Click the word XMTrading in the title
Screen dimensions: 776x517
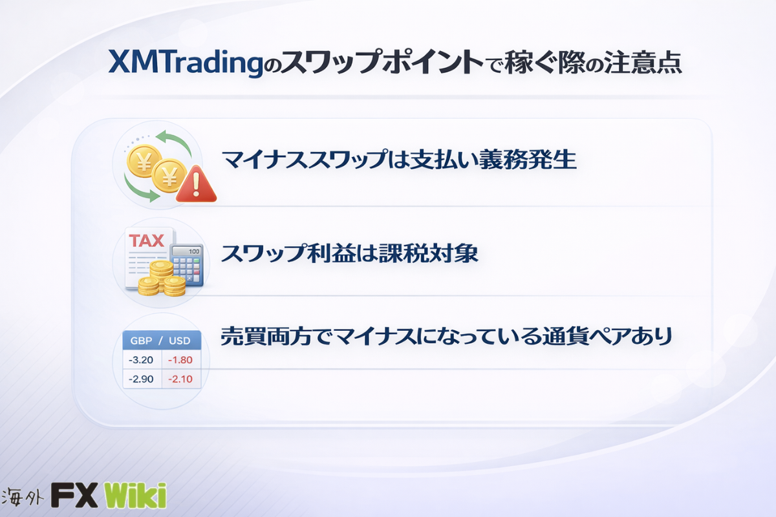coord(186,63)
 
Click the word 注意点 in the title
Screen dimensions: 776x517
coord(643,63)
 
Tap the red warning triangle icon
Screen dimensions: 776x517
coord(196,184)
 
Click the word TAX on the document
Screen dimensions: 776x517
coord(147,240)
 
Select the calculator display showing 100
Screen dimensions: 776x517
coord(188,251)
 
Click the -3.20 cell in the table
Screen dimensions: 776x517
coord(141,360)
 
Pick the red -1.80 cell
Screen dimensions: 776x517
coord(180,360)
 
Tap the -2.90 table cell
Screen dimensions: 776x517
coord(141,379)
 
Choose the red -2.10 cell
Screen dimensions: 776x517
coord(180,379)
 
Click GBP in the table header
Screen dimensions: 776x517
coord(142,341)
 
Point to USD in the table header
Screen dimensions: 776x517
coord(180,341)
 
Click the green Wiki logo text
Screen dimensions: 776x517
coord(135,496)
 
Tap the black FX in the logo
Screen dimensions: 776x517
coord(74,496)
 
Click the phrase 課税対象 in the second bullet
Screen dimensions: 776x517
coord(429,253)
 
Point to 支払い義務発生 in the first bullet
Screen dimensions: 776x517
coord(493,160)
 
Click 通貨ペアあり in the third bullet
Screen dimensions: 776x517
coord(607,336)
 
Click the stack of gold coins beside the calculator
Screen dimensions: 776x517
coord(162,278)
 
